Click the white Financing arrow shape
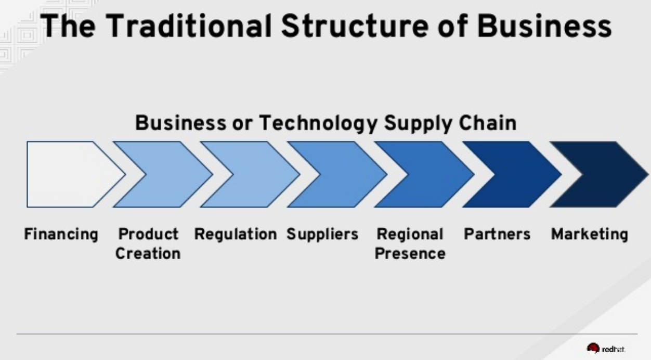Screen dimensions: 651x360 click(70, 174)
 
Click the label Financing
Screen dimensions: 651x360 click(61, 235)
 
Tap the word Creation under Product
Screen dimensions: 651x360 click(148, 253)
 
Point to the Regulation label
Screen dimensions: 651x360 click(236, 235)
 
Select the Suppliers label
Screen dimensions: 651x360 click(322, 235)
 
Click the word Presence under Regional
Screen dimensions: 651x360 click(410, 253)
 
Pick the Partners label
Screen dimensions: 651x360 click(497, 234)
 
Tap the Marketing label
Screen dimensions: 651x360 click(590, 235)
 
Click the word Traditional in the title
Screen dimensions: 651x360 click(189, 26)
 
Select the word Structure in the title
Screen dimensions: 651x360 click(355, 26)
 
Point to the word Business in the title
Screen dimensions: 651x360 click(544, 26)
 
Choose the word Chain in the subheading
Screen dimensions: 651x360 click(488, 123)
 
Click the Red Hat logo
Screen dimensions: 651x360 click(606, 349)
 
